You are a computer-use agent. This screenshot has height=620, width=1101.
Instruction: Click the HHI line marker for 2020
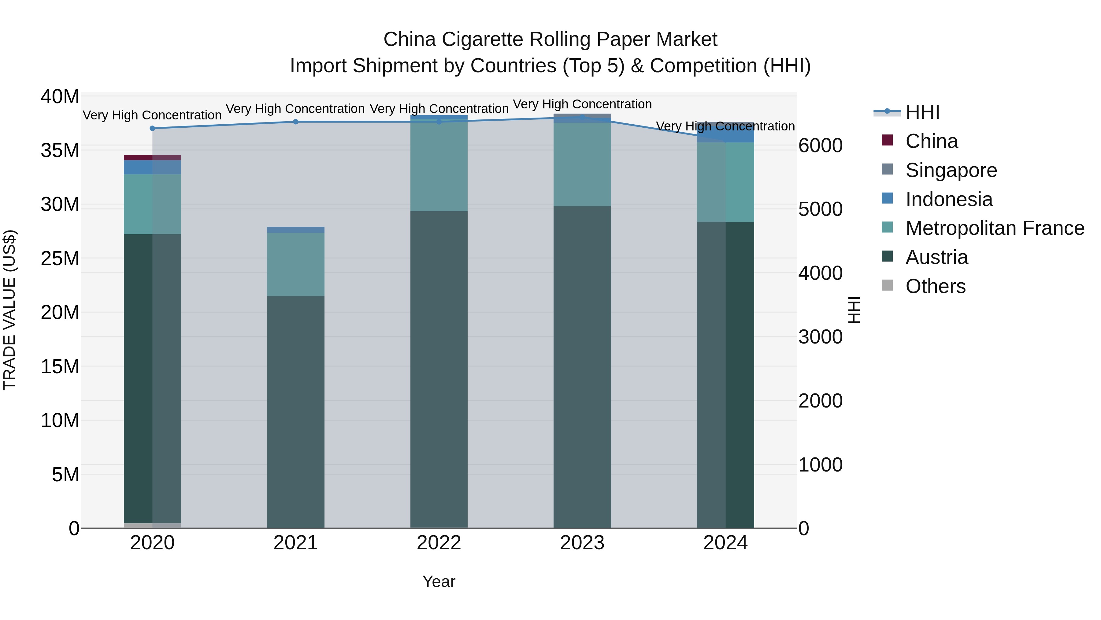tap(152, 128)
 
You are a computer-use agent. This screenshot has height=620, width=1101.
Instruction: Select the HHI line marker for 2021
tap(295, 122)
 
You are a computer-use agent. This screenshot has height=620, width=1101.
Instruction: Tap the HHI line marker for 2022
tap(439, 122)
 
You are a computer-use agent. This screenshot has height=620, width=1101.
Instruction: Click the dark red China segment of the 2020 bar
tap(152, 157)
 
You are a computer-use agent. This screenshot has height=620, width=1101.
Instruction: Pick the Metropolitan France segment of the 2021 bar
tap(295, 265)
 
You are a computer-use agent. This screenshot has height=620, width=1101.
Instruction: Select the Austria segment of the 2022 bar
tap(439, 368)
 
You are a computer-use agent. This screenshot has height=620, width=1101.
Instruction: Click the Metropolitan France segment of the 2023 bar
tap(582, 165)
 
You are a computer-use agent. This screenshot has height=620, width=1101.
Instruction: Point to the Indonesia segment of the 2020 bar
tap(152, 167)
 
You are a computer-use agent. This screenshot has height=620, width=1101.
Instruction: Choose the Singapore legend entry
tap(951, 170)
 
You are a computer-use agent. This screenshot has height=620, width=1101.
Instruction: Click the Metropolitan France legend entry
tap(994, 228)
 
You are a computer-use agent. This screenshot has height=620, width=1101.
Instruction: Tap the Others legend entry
tap(935, 286)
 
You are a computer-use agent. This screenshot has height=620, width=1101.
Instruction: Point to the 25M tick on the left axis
tap(60, 258)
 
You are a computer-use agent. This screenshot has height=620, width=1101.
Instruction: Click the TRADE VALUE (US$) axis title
tap(9, 310)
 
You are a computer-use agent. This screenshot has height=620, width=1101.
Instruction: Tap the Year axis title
tap(439, 581)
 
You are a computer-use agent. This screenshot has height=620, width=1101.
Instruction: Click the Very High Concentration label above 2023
tap(582, 104)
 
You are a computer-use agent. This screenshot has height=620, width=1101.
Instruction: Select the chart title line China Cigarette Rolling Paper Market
tap(550, 39)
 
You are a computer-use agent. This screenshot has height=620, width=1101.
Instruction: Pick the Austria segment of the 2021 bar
tap(295, 411)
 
